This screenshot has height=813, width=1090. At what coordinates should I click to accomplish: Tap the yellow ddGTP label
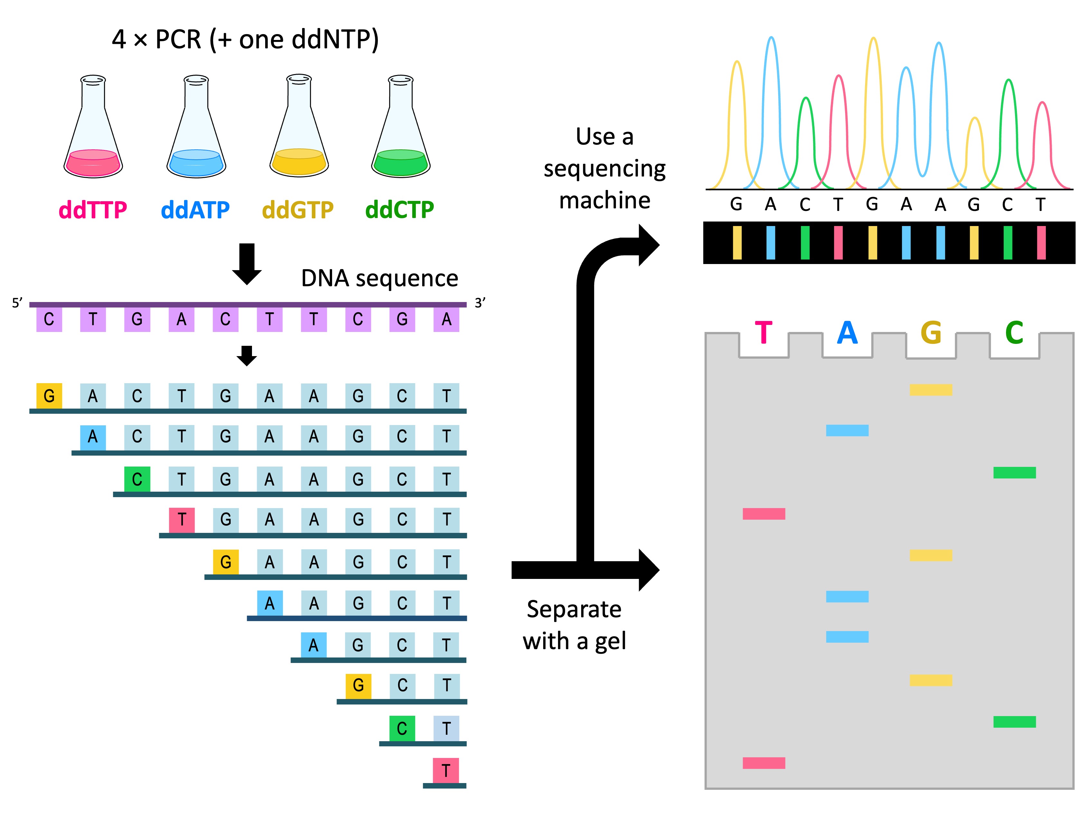pyautogui.click(x=298, y=210)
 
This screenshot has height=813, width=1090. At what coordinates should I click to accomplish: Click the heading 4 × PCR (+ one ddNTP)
pyautogui.click(x=245, y=39)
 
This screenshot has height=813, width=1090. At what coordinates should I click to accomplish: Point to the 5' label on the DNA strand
pyautogui.click(x=17, y=303)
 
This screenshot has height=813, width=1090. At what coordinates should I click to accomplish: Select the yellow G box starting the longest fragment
pyautogui.click(x=49, y=396)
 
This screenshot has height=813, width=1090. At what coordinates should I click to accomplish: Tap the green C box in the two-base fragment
pyautogui.click(x=402, y=728)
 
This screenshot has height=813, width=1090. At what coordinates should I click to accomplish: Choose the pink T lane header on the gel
pyautogui.click(x=763, y=333)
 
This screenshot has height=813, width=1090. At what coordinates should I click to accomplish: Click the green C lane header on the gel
pyautogui.click(x=1014, y=333)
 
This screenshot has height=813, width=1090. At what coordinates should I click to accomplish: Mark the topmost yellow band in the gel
pyautogui.click(x=931, y=390)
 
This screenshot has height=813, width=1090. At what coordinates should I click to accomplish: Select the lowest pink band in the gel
pyautogui.click(x=763, y=763)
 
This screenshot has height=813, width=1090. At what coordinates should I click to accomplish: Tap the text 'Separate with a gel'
pyautogui.click(x=574, y=625)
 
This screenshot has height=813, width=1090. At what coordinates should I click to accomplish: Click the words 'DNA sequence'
pyautogui.click(x=379, y=279)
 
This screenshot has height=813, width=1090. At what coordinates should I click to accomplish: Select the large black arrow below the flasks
pyautogui.click(x=247, y=264)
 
